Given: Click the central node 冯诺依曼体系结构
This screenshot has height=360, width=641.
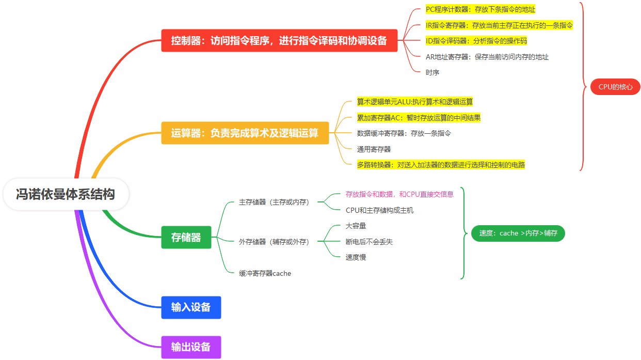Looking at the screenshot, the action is pos(65,195).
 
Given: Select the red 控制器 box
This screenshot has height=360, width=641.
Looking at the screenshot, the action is pos(279,41).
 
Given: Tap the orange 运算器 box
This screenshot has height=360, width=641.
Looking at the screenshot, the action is pos(245,133).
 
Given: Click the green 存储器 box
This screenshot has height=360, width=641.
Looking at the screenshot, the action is pos(186,238).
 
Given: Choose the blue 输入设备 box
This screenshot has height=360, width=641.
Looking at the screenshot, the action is pos(191,307).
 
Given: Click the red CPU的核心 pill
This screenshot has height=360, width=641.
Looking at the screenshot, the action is pos(615,87).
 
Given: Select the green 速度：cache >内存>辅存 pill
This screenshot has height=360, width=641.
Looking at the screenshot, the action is pos(518,233).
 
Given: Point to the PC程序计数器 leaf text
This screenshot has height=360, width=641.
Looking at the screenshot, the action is pos(480,9).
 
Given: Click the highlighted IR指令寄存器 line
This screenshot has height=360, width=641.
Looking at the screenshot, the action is pos(499,25).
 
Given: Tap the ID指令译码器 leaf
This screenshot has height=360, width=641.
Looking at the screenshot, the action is pos(476,41).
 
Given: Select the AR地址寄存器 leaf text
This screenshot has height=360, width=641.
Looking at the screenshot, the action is pos(487,57).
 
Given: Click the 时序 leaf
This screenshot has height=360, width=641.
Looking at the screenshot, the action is pos(432,73).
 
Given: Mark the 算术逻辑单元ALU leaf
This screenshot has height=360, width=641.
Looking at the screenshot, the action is pos(414,102).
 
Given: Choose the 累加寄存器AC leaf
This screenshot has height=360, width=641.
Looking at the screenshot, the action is pos(419,118).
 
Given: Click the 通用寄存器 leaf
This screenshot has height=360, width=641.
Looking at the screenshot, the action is pos(374,149).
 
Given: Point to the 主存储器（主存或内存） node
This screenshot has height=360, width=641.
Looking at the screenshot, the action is pos(274,202).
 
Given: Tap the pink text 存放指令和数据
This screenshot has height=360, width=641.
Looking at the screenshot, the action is pos(399,194).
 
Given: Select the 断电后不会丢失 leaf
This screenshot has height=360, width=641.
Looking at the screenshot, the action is pos(369,242).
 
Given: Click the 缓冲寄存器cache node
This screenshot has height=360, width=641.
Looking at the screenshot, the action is pos(265,273).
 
